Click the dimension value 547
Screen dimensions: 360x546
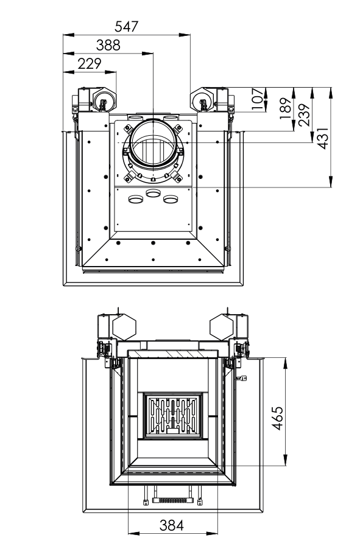[127, 26]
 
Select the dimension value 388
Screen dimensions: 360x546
[108, 45]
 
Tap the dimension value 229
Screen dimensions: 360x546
[90, 64]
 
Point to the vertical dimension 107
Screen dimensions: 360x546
[257, 99]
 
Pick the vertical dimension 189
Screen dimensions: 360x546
[286, 108]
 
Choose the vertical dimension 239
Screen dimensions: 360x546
[304, 114]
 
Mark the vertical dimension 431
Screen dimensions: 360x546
[323, 138]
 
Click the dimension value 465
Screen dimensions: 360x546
[277, 418]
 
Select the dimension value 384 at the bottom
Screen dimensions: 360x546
[171, 525]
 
